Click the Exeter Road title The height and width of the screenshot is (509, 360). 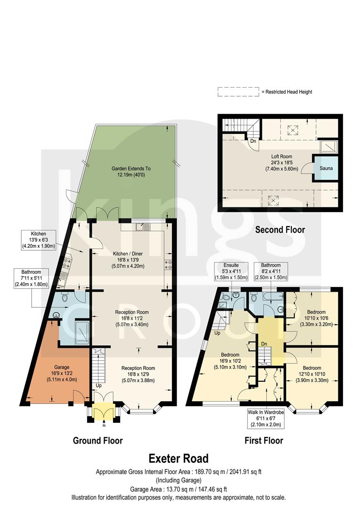[x=179, y=458]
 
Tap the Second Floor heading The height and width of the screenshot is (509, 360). [x=280, y=230]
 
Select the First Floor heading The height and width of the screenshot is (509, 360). [x=264, y=441]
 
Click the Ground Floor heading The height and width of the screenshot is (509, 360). [x=98, y=441]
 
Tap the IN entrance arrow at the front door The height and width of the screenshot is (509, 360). [x=104, y=424]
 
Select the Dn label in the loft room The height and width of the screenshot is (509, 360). [x=253, y=140]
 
